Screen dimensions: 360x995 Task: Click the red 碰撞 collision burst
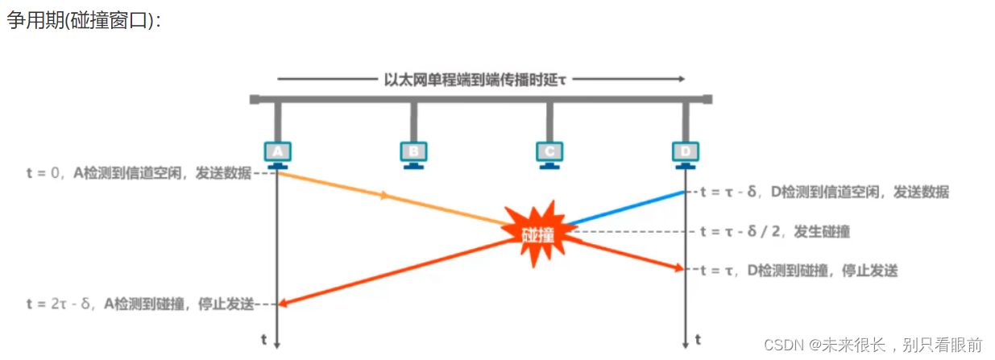(537, 234)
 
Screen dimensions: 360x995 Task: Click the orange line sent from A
(387, 197)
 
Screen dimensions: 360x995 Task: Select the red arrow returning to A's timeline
(387, 271)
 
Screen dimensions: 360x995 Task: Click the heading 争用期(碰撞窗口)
(84, 20)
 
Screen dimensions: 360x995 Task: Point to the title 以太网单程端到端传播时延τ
(481, 79)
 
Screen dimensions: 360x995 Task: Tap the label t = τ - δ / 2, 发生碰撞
(774, 231)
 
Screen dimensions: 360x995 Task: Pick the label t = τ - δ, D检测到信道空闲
(824, 192)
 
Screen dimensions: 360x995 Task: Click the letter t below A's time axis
(263, 339)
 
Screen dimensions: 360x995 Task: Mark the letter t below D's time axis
(698, 339)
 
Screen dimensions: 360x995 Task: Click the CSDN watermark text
(873, 345)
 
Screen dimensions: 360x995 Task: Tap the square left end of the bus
(255, 100)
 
